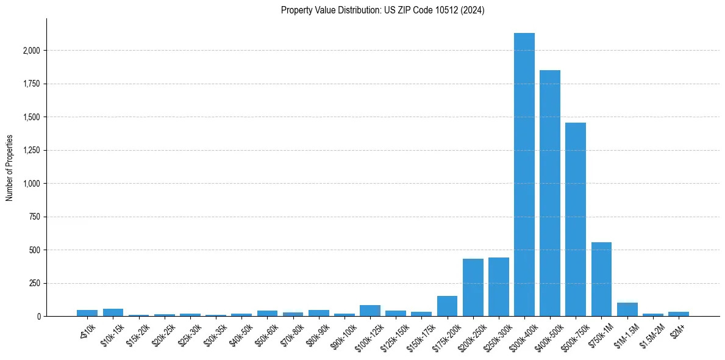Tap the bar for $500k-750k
pyautogui.click(x=575, y=220)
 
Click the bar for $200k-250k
pyautogui.click(x=473, y=287)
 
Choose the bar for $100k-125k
pyautogui.click(x=370, y=311)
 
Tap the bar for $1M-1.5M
pyautogui.click(x=627, y=309)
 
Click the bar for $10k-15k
pyautogui.click(x=113, y=312)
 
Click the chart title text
pyautogui.click(x=382, y=10)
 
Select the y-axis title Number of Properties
pyautogui.click(x=10, y=168)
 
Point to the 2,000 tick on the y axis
pyautogui.click(x=30, y=51)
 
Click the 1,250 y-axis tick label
pyautogui.click(x=30, y=150)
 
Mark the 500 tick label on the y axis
pyautogui.click(x=34, y=250)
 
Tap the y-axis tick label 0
pyautogui.click(x=38, y=317)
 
